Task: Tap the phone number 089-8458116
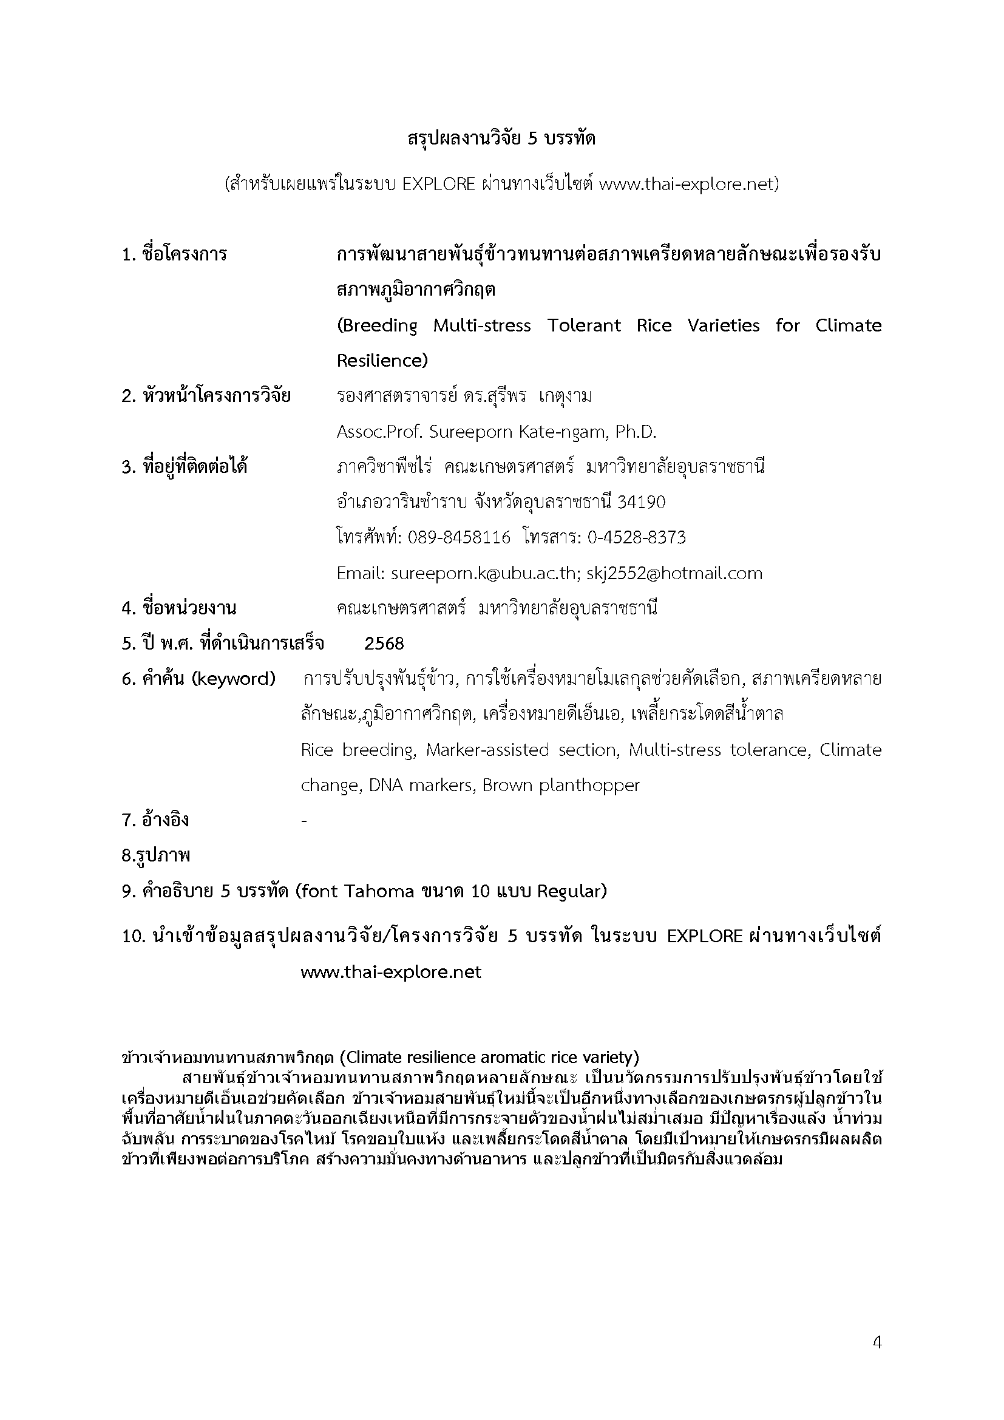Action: click(459, 537)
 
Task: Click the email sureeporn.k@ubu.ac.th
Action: click(483, 573)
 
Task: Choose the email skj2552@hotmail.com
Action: click(674, 573)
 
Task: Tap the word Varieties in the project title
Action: click(724, 326)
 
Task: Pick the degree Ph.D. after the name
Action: click(636, 432)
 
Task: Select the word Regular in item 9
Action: click(571, 891)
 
